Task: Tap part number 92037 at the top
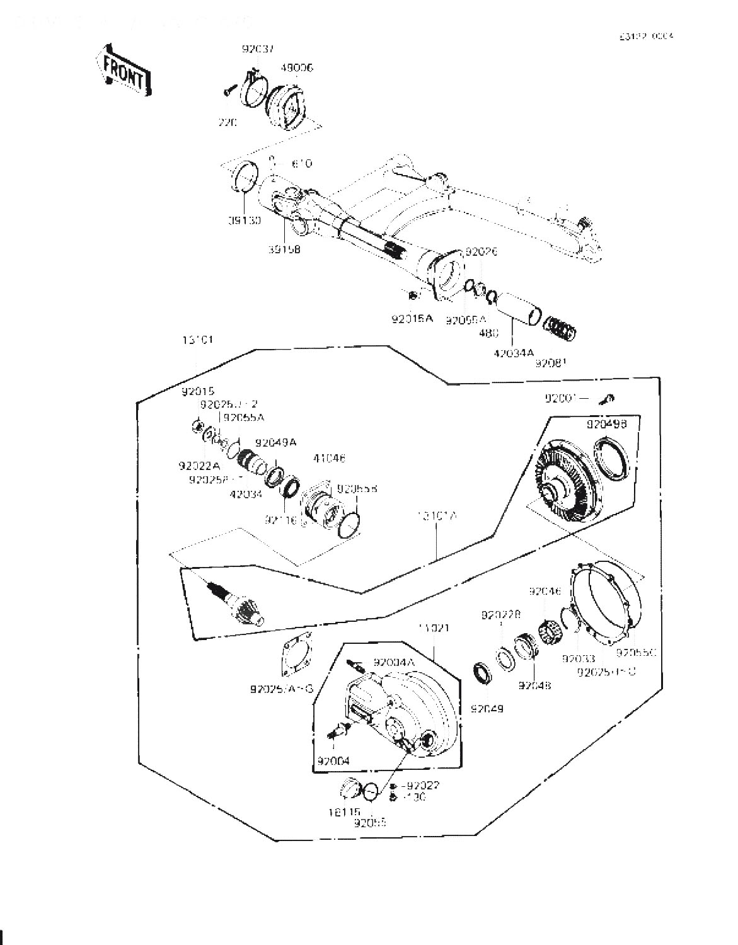pos(257,49)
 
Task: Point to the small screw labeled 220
pos(228,93)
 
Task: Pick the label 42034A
pos(512,353)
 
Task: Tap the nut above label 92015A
pos(412,295)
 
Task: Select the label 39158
pos(284,249)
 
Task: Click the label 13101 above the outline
pos(197,340)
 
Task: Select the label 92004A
pos(394,662)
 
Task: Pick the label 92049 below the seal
pos(487,708)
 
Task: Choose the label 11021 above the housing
pos(434,628)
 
